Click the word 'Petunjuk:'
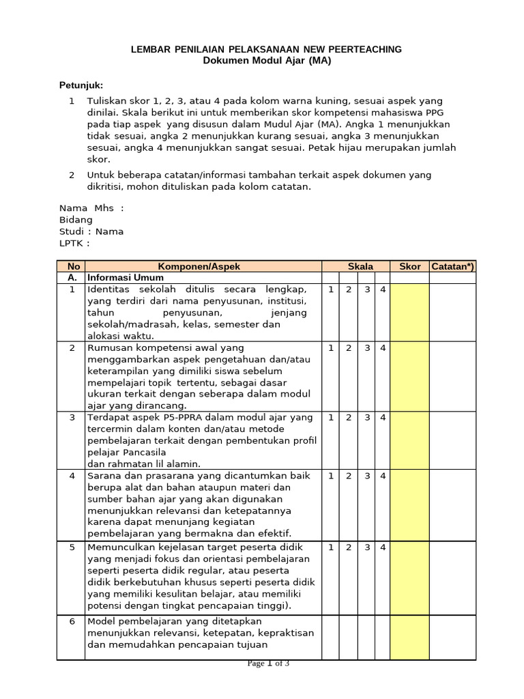click(x=81, y=85)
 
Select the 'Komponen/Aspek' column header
click(x=199, y=266)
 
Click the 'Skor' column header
click(x=409, y=266)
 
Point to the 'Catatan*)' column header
click(x=452, y=266)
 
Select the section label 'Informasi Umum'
click(x=125, y=278)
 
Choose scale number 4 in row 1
click(x=383, y=289)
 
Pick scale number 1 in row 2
click(x=330, y=347)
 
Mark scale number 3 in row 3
click(x=367, y=417)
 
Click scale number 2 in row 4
click(x=348, y=475)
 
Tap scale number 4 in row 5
click(x=383, y=547)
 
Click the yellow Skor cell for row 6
click(x=409, y=638)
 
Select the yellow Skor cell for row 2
click(x=409, y=376)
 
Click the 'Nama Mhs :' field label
click(x=91, y=208)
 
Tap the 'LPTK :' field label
click(x=74, y=243)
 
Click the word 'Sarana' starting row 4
click(x=103, y=475)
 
